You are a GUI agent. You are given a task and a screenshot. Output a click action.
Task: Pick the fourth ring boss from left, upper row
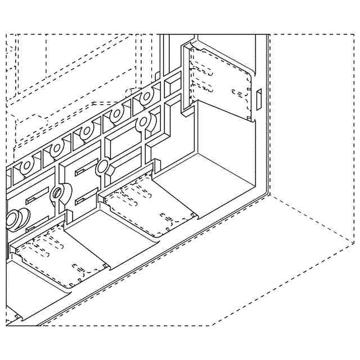click(117, 114)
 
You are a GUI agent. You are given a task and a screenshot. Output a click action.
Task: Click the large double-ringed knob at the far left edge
click(15, 218)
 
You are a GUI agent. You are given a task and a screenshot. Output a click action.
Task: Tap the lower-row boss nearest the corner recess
click(144, 121)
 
